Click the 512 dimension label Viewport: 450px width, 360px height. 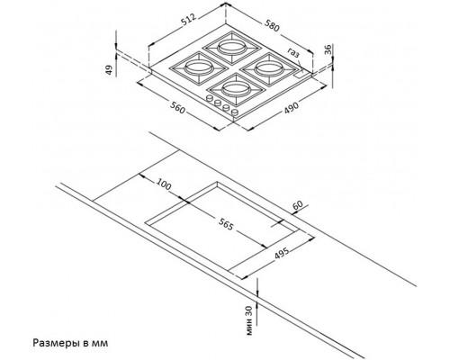coord(189,19)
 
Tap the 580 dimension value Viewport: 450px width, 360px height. coord(272,25)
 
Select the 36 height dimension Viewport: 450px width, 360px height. coord(328,49)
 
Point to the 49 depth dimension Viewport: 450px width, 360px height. coord(110,69)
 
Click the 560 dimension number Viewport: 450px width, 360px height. coord(177,107)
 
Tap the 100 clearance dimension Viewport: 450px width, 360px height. coord(164,184)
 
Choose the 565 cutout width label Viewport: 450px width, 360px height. coord(225,224)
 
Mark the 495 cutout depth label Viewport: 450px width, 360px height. coord(283,254)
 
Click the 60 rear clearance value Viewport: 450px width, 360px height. coord(298,205)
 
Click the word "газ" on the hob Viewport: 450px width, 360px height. coord(293,52)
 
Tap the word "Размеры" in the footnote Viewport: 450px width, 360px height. coord(56,343)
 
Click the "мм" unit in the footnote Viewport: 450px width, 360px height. coord(101,343)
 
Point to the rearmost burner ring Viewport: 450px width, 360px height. coord(230,47)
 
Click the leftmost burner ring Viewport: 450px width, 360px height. coord(198,67)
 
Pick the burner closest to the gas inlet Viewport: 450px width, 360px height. coord(268,68)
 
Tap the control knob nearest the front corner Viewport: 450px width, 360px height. coord(235,112)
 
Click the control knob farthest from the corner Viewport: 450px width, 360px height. coord(209,98)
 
